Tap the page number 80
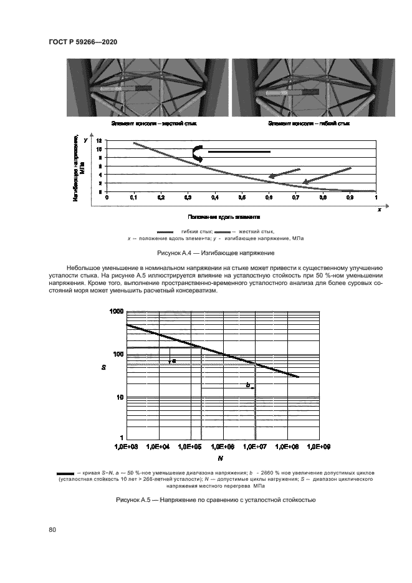(53, 530)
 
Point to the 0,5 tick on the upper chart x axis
(242, 197)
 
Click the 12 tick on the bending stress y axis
(98, 149)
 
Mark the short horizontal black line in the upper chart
(239, 152)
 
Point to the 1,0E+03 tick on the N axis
(127, 447)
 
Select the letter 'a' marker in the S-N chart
(174, 360)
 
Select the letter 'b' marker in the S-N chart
(248, 386)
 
